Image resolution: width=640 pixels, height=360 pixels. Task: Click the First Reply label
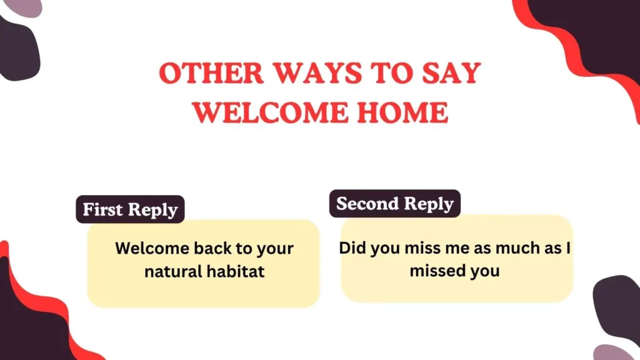[130, 210]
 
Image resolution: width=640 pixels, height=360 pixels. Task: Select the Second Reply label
[395, 204]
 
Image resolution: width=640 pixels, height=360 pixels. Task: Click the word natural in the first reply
[173, 272]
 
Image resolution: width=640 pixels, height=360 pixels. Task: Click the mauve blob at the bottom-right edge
[615, 351]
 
